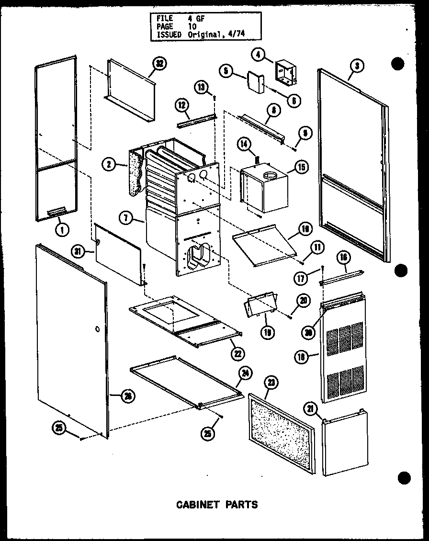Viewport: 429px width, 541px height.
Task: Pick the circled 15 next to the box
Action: coord(301,167)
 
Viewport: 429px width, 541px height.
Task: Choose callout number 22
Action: coord(237,354)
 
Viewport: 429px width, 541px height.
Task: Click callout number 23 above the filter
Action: coord(271,383)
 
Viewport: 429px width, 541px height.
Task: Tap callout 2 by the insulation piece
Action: coord(110,165)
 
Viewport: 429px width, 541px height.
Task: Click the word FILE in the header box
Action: coord(164,18)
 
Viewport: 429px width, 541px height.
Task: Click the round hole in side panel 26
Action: coord(97,329)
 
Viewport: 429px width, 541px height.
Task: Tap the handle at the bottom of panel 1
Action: coord(57,211)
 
